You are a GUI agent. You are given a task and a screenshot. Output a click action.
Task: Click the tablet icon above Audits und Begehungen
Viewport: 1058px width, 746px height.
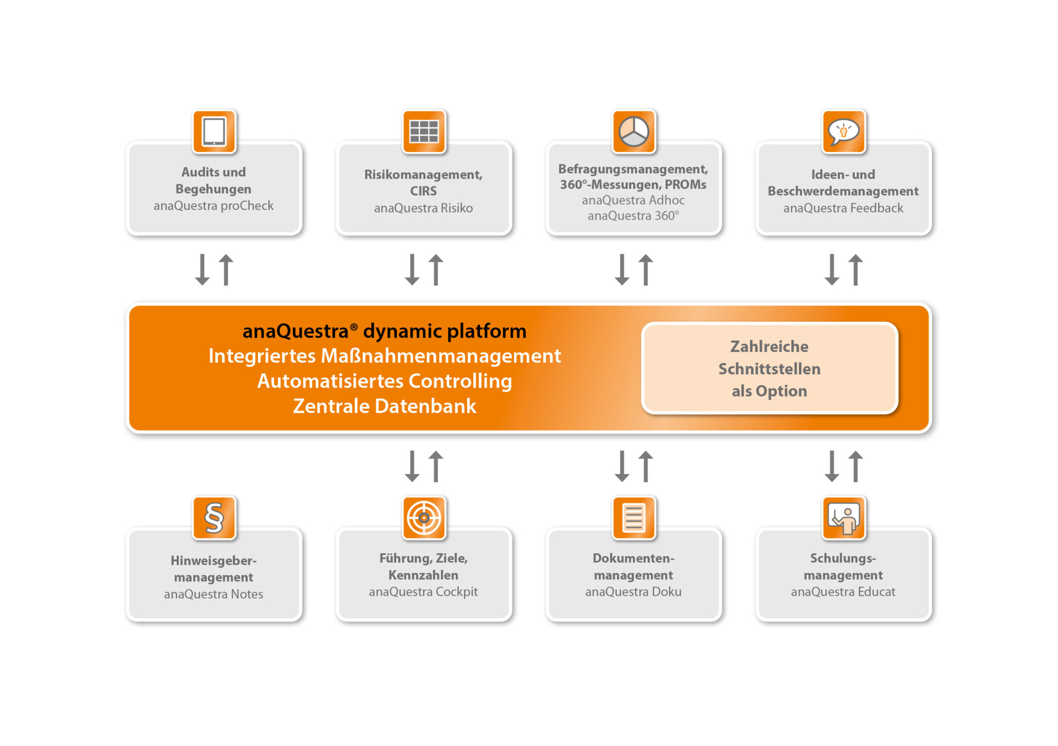click(214, 131)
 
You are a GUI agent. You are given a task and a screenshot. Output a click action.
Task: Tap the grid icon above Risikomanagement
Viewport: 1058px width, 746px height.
click(424, 131)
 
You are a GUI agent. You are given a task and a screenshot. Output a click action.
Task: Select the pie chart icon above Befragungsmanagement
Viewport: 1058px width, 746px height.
click(634, 131)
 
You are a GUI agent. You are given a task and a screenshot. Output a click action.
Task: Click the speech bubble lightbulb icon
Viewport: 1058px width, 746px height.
click(844, 131)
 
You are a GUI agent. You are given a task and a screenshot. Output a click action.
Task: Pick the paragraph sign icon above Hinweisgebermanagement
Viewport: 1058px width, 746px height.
click(214, 518)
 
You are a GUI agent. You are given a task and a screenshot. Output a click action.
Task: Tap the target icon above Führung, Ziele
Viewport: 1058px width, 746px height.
click(424, 518)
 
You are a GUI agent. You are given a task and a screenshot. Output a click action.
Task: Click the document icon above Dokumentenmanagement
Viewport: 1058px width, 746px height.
click(634, 518)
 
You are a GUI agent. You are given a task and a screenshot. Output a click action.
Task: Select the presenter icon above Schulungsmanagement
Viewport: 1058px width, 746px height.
click(844, 518)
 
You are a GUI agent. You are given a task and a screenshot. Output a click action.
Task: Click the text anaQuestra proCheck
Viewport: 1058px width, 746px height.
click(214, 206)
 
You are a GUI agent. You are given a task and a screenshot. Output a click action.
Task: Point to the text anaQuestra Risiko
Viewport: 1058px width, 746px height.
click(423, 208)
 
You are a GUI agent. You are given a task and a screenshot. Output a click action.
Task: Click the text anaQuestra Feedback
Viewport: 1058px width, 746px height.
click(843, 208)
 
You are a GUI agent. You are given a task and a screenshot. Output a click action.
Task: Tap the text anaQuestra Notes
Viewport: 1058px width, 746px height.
click(213, 594)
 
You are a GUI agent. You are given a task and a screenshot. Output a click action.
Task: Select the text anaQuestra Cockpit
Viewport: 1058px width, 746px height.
click(423, 592)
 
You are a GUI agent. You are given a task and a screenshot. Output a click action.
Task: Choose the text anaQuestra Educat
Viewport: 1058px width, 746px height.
click(843, 592)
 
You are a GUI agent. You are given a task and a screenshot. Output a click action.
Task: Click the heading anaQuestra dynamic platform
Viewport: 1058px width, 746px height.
click(385, 331)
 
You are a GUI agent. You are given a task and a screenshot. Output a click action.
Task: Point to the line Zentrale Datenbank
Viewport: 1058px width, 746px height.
click(385, 406)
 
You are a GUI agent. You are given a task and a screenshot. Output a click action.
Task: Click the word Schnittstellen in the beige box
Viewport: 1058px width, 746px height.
click(769, 369)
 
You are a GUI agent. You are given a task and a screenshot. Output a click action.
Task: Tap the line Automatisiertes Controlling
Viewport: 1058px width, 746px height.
click(385, 381)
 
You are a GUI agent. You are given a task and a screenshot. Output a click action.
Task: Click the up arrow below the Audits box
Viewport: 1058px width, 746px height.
click(226, 270)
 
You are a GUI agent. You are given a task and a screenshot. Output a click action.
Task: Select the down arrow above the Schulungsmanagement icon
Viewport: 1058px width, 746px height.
click(832, 466)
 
